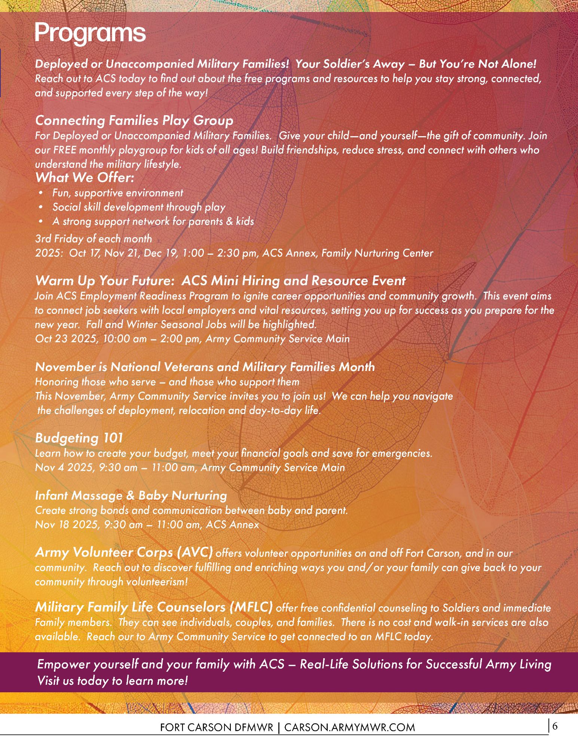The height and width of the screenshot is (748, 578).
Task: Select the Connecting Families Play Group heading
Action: pyautogui.click(x=134, y=120)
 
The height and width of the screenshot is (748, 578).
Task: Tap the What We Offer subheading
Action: pyautogui.click(x=85, y=178)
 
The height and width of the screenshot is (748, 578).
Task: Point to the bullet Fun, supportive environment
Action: pyautogui.click(x=117, y=193)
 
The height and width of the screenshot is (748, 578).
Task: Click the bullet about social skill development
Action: pyautogui.click(x=139, y=207)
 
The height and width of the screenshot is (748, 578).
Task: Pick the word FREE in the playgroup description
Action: pyautogui.click(x=65, y=150)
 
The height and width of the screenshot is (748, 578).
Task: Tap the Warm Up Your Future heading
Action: pyautogui.click(x=220, y=281)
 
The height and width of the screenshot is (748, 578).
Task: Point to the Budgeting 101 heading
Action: pyautogui.click(x=79, y=438)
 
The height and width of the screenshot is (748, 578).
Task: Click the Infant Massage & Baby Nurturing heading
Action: pyautogui.click(x=131, y=496)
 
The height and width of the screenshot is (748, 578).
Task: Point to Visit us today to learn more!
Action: pyautogui.click(x=112, y=680)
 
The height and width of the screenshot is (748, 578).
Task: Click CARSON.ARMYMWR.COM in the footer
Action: pyautogui.click(x=349, y=727)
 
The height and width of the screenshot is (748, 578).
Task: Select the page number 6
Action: pyautogui.click(x=554, y=726)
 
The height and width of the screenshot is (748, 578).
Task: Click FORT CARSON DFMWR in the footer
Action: pyautogui.click(x=217, y=727)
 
